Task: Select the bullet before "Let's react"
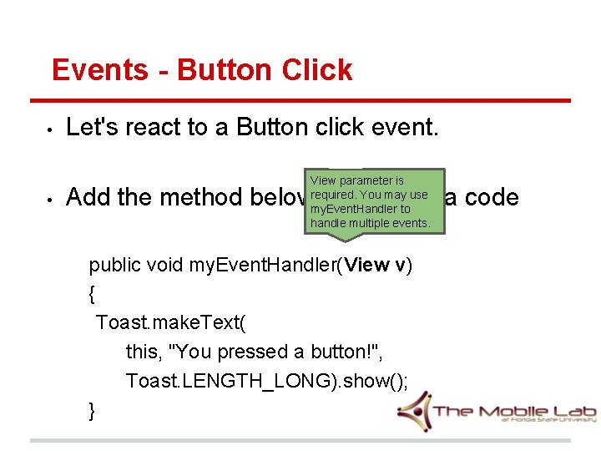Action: (50, 129)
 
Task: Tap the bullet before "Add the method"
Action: (50, 200)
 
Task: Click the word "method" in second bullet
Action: (202, 197)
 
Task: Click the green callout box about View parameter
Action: (369, 201)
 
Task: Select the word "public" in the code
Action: (116, 265)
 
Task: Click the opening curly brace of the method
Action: (92, 294)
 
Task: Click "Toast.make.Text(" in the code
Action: (171, 322)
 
